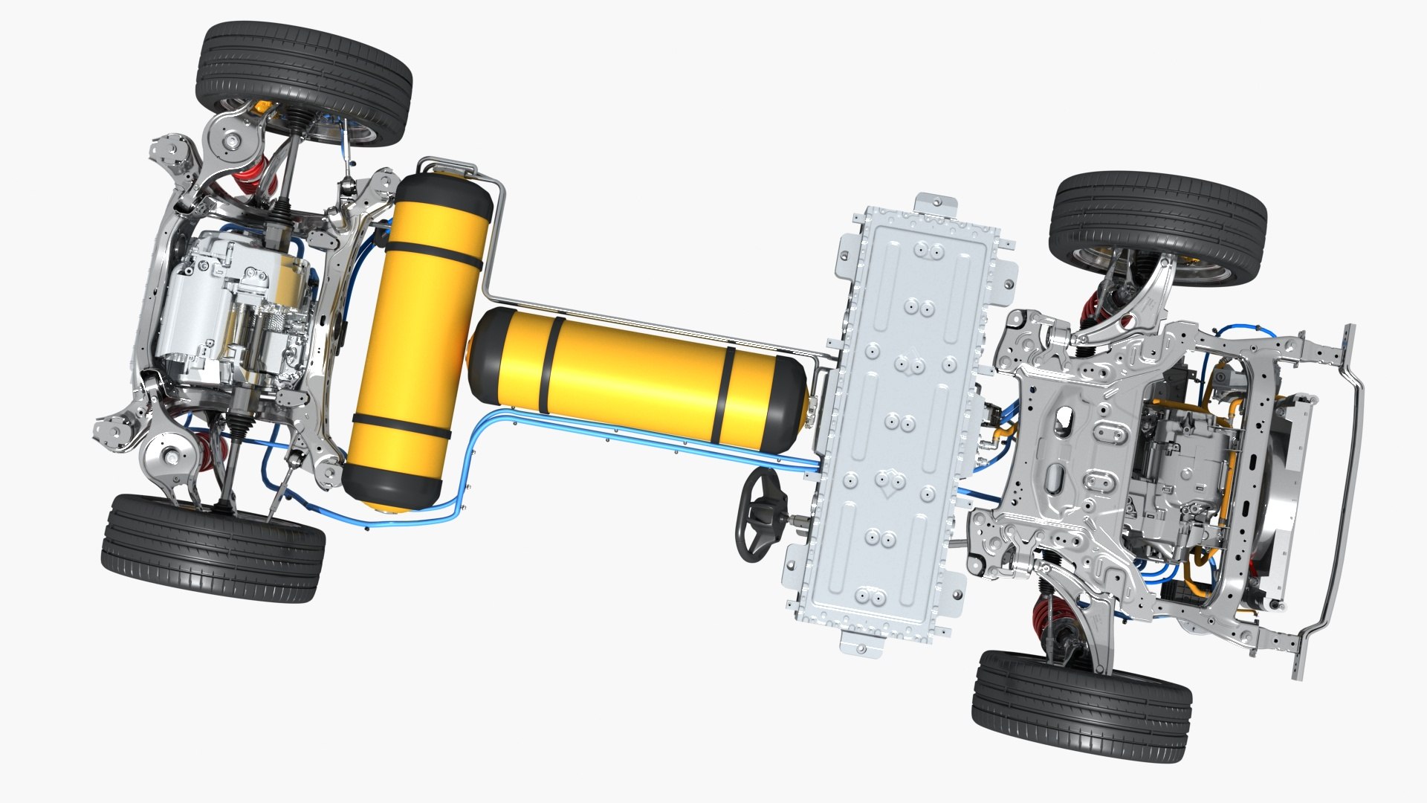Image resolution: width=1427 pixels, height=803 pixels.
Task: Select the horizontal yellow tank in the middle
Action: point(639,375)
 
